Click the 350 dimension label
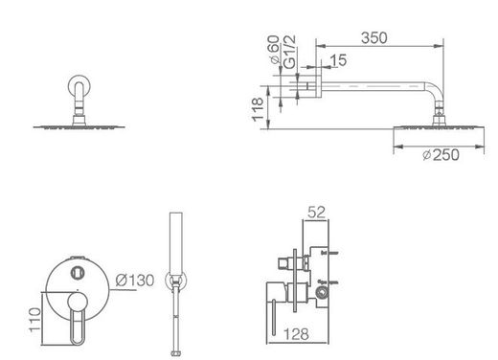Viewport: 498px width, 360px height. point(374,38)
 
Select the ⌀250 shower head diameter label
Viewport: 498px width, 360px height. point(441,155)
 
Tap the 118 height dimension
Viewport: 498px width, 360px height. point(258,109)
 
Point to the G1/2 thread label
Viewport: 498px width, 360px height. point(289,52)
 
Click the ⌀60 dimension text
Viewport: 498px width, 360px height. point(274,50)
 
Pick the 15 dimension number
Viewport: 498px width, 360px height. point(338,60)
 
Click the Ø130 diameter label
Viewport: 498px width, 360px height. point(135,281)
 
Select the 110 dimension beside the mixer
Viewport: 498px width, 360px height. point(34,320)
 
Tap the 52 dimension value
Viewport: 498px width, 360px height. point(316,213)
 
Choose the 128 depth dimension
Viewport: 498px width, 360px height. point(296,334)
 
